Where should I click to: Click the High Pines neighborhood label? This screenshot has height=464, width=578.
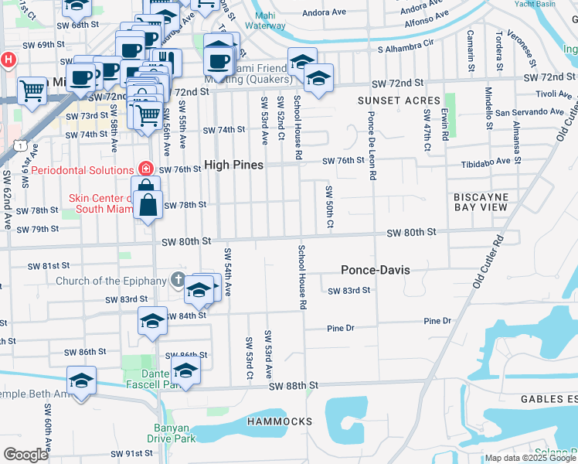pos(233,165)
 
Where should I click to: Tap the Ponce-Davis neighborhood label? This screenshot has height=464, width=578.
pos(376,270)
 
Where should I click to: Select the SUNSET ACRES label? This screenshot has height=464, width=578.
pos(399,101)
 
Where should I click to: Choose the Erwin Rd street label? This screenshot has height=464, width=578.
pos(445,125)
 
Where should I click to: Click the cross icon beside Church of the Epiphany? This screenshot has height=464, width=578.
pos(178,280)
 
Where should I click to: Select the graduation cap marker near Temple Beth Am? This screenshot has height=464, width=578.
pos(81,380)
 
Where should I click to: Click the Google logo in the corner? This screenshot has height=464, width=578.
pos(25,455)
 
